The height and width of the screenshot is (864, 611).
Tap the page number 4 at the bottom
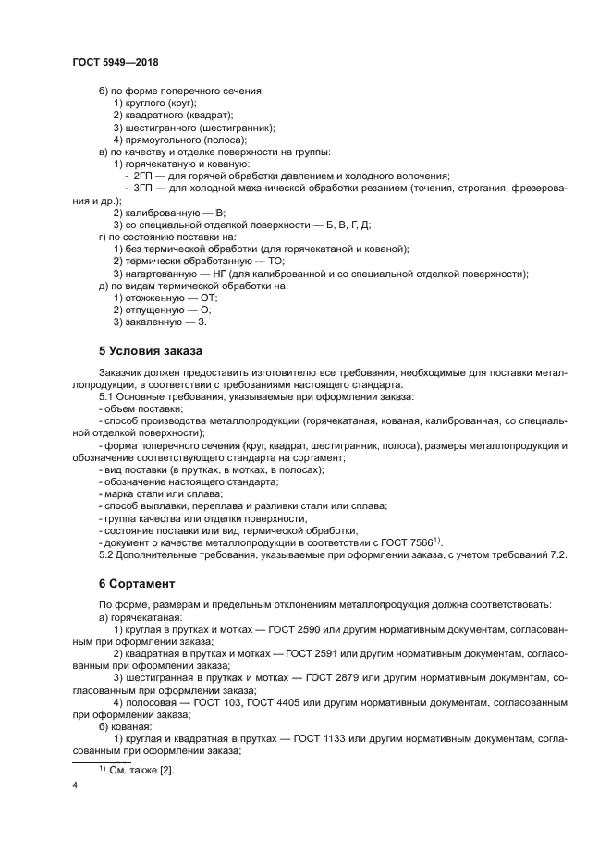[76, 785]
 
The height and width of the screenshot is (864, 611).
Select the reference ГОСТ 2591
[316, 652]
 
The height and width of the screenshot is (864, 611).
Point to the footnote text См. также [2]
[141, 770]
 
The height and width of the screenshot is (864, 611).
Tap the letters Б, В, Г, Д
[352, 225]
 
